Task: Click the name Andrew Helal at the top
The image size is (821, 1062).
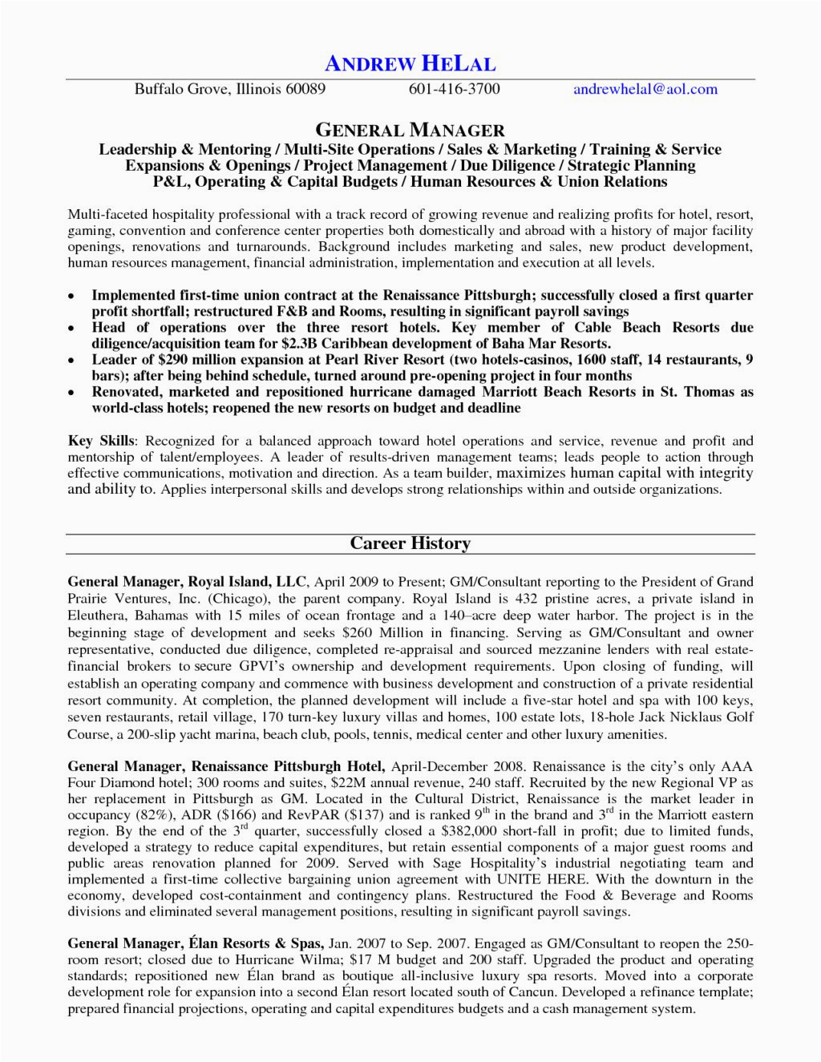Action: [410, 63]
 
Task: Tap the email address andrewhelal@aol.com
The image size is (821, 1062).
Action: [645, 89]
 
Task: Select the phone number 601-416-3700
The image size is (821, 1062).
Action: [454, 89]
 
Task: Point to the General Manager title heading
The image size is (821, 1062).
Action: [410, 129]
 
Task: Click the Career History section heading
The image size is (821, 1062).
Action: [410, 543]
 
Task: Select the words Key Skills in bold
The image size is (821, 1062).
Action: [103, 441]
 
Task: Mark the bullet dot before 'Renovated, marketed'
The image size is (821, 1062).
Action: [72, 394]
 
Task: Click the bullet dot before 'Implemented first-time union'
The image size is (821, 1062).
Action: [72, 297]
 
